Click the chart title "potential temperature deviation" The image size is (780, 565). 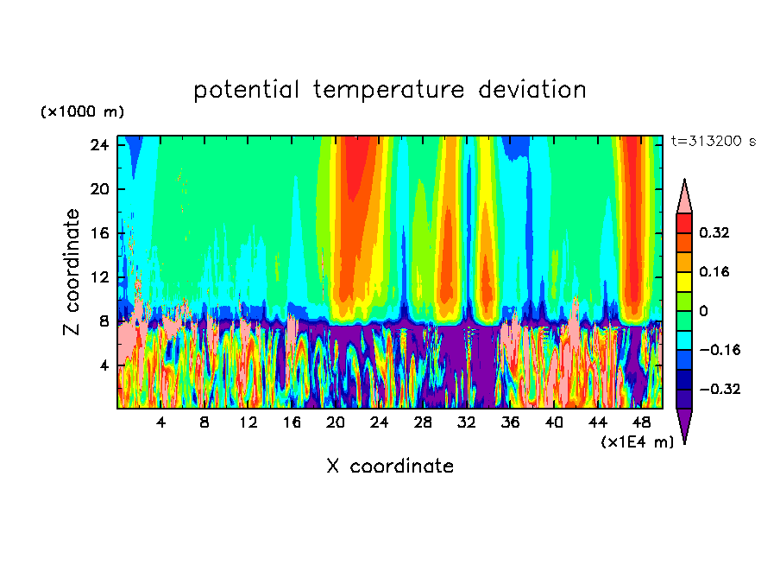point(389,90)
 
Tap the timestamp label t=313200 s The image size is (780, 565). point(713,141)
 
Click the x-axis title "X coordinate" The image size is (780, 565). point(389,467)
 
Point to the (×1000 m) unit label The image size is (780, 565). point(82,112)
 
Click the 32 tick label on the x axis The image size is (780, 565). point(467,423)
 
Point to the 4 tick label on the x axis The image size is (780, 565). point(160,423)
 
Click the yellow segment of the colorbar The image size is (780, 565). point(684,281)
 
